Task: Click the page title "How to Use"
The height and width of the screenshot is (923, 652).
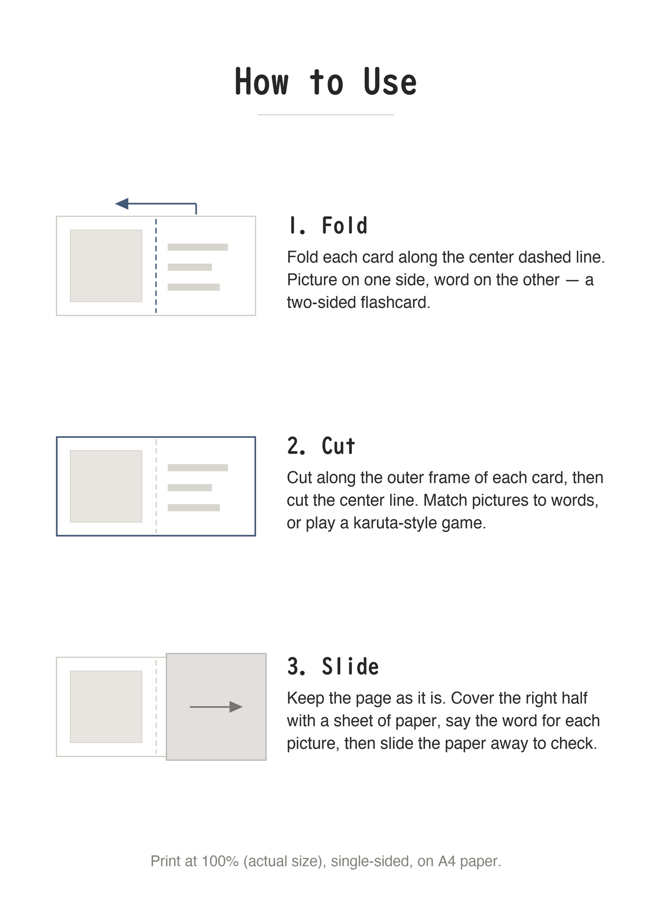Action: point(325,82)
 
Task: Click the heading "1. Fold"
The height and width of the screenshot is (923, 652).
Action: point(328,226)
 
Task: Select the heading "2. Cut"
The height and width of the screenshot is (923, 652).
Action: point(321,446)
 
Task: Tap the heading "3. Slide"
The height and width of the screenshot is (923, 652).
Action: point(333,667)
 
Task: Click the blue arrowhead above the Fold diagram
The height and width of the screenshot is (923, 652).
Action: point(121,204)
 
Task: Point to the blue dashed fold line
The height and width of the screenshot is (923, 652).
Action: point(156,266)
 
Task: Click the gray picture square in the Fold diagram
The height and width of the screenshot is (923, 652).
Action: point(106,266)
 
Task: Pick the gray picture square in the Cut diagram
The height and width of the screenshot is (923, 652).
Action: point(106,486)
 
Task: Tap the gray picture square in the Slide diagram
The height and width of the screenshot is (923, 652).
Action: point(106,707)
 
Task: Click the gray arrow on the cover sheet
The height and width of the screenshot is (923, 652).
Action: point(216,707)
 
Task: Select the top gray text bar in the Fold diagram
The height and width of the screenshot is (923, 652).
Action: point(198,247)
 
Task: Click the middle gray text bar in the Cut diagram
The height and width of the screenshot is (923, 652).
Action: point(190,488)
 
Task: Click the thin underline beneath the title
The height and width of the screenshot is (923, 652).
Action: point(326,115)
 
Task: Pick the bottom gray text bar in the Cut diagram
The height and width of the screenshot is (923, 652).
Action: point(193,508)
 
